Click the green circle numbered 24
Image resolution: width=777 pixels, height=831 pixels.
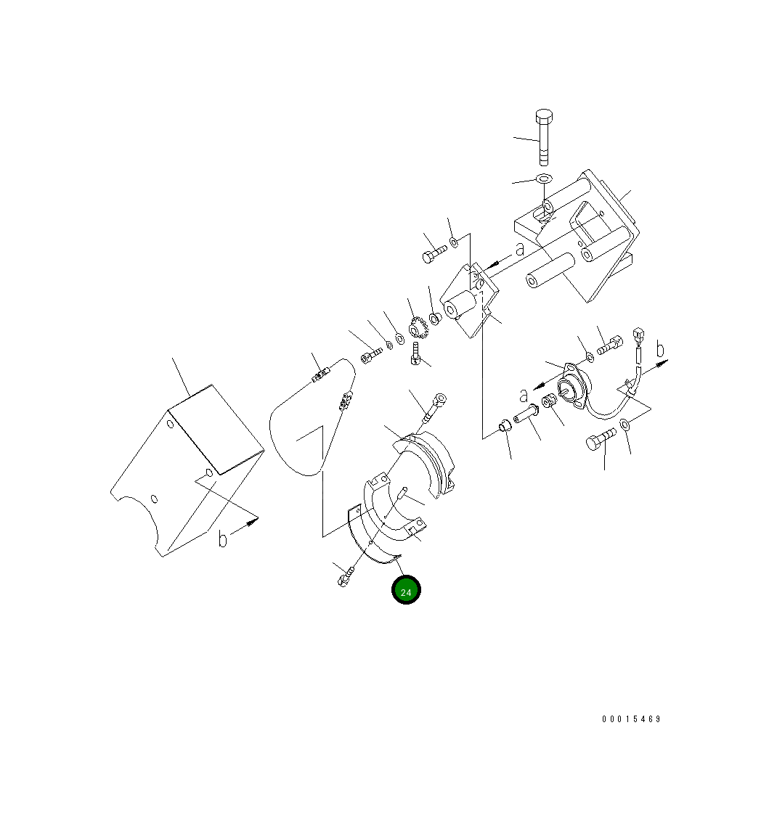(x=406, y=590)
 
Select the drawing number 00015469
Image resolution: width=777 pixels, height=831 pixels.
(x=631, y=719)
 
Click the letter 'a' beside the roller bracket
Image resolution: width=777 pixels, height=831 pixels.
(x=519, y=249)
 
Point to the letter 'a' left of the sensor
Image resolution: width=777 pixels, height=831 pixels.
(x=523, y=396)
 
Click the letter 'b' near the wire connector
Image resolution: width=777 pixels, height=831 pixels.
(x=659, y=350)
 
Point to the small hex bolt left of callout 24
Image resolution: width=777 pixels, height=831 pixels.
(x=346, y=578)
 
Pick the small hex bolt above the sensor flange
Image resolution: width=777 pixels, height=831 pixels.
(x=609, y=346)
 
